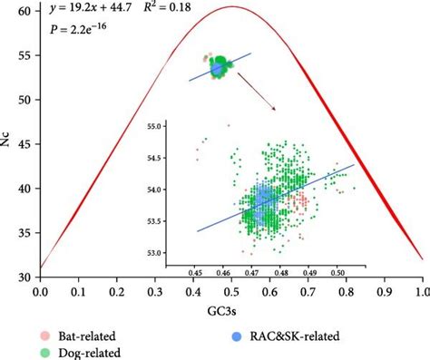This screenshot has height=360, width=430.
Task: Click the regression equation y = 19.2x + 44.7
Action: (x=87, y=12)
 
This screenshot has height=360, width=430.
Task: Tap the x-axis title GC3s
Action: (x=230, y=309)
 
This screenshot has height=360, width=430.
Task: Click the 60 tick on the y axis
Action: (x=26, y=11)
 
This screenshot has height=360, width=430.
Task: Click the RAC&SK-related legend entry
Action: (x=290, y=335)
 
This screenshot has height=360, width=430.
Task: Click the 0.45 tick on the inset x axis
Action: (x=196, y=271)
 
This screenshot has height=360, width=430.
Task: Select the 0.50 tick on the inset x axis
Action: (x=337, y=271)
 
